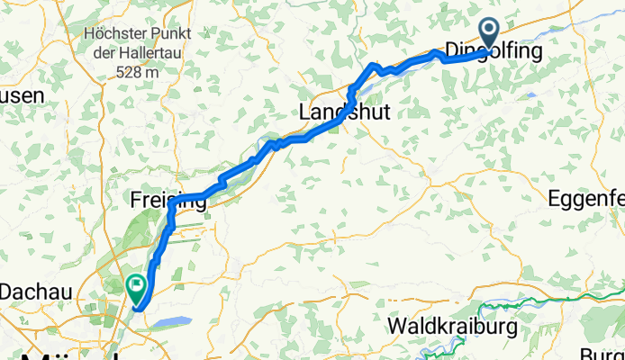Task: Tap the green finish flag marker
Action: click(137, 288)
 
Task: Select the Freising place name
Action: click(167, 200)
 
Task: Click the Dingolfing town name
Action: click(493, 52)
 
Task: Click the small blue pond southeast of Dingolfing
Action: click(531, 93)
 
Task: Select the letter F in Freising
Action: click(136, 200)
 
